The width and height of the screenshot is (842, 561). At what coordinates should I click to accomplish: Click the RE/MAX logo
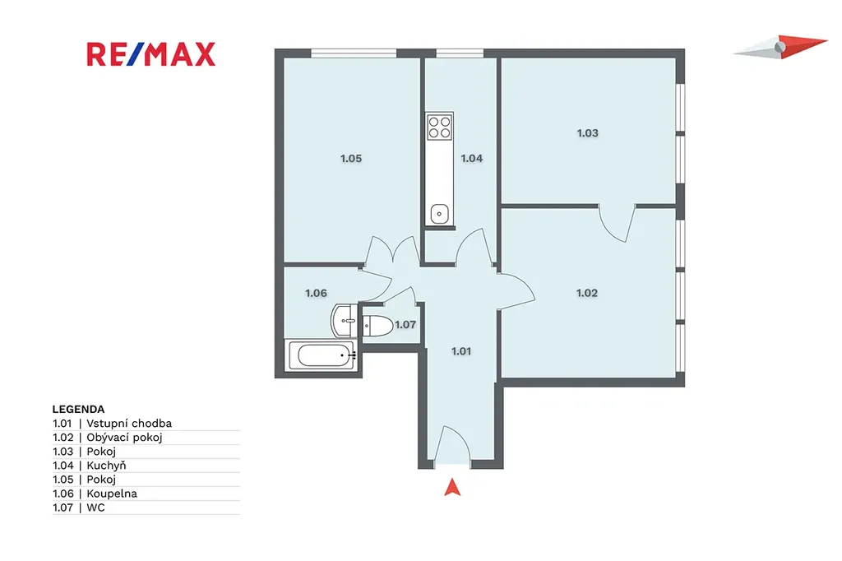tap(151, 54)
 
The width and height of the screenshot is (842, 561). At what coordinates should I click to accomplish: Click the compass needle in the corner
tap(780, 46)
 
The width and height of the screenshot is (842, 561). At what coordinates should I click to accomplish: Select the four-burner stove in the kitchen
tap(440, 127)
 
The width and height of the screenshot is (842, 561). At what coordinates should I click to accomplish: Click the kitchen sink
tap(440, 214)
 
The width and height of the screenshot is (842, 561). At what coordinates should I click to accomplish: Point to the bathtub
tap(322, 355)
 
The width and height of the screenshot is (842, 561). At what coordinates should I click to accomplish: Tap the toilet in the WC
tap(378, 326)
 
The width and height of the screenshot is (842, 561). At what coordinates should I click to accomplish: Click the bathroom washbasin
tap(344, 321)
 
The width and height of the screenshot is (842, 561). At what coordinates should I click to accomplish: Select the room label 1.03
tap(587, 132)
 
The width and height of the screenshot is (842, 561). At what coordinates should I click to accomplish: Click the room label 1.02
tap(587, 293)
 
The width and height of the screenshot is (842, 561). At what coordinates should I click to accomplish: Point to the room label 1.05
tap(351, 158)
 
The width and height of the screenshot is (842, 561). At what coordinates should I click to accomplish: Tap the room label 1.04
tap(472, 158)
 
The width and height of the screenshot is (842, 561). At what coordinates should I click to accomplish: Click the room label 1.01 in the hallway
tap(461, 351)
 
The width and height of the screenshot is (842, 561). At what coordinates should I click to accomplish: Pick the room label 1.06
tap(317, 293)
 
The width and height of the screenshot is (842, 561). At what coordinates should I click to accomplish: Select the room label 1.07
tap(405, 325)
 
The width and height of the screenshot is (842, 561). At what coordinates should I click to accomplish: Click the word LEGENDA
tap(78, 409)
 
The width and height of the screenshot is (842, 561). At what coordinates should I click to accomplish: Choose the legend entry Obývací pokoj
tap(125, 438)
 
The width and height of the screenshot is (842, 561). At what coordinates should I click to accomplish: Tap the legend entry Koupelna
tap(112, 494)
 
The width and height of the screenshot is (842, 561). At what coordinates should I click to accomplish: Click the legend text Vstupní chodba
tap(129, 424)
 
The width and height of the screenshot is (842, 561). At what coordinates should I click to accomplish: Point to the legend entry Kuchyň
tap(106, 466)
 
